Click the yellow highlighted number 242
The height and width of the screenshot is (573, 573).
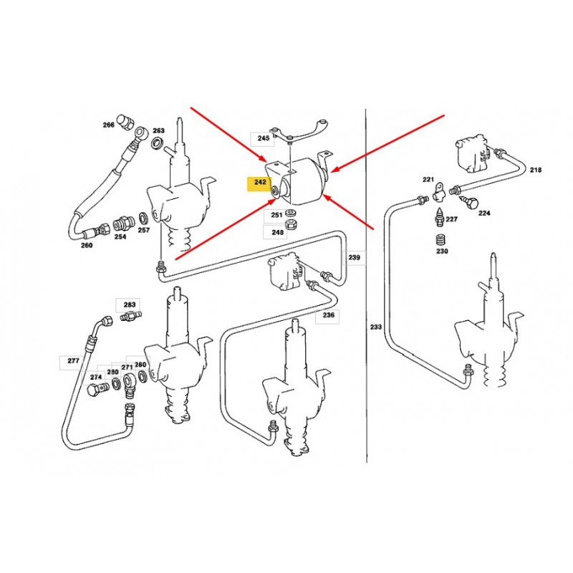coord(260,182)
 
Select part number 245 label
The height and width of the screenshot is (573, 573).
coord(263,138)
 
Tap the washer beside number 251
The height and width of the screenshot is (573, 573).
coord(291,212)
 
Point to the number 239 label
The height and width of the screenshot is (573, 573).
coord(354,257)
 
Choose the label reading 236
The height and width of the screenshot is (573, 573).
coord(329,314)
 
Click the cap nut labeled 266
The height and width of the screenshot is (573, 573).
coord(124,122)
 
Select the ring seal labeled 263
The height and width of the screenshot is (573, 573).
coord(158,142)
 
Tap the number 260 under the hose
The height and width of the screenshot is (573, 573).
coord(87,245)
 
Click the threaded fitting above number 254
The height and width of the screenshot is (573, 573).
coord(122,223)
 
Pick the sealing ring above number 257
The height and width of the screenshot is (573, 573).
coord(144,218)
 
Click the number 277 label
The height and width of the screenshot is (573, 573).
coord(73,361)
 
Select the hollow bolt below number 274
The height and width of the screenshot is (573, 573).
coord(97,388)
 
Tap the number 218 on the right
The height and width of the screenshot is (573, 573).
coord(536,170)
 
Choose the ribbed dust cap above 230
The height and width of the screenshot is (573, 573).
coord(442,241)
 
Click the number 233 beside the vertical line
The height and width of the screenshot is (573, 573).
coord(376,327)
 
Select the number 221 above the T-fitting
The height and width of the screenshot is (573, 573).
coord(428,180)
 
